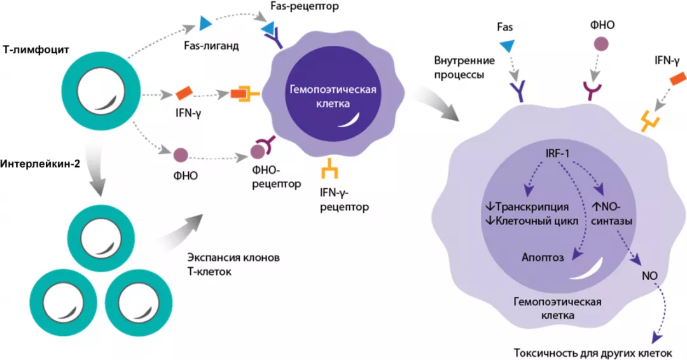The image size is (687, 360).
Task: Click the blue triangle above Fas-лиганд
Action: (205, 24)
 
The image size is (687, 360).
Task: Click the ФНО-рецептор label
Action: (278, 177)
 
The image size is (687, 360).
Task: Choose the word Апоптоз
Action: (542, 257)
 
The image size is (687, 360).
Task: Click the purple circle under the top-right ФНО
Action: (600, 45)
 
